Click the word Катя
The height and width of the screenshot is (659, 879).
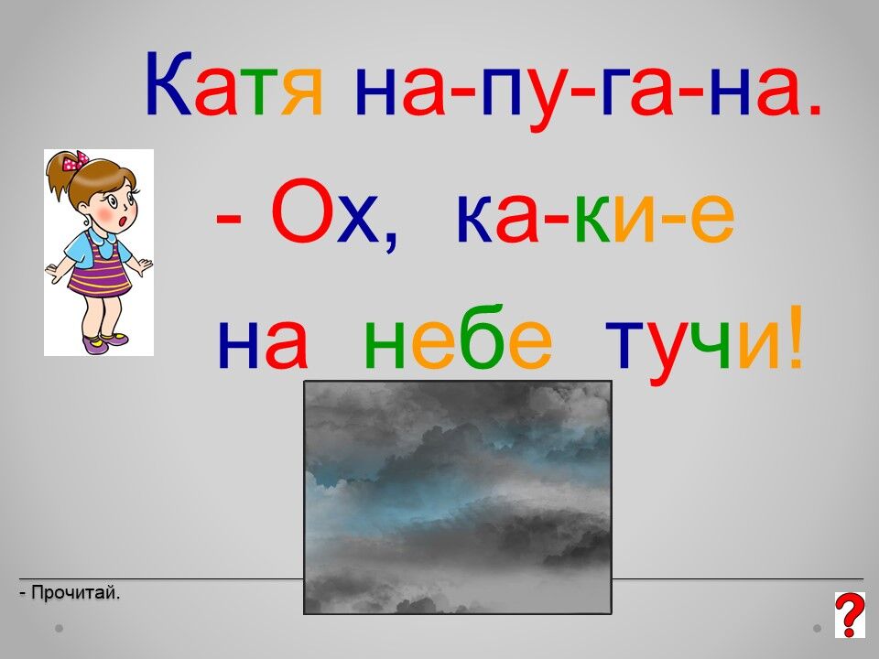tap(233, 84)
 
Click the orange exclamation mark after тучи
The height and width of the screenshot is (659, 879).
tap(796, 336)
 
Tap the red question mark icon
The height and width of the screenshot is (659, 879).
tap(850, 615)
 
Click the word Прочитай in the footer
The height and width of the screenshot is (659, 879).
tap(75, 592)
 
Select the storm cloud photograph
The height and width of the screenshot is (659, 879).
tap(458, 497)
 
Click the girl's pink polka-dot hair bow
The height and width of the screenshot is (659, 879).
tap(76, 161)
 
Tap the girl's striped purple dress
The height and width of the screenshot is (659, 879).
tap(100, 268)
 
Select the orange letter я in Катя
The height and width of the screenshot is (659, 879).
tap(303, 92)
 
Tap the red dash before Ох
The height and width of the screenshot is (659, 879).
tap(228, 222)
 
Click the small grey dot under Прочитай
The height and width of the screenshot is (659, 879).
tap(59, 628)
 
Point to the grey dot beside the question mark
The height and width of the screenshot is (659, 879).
tap(818, 628)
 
